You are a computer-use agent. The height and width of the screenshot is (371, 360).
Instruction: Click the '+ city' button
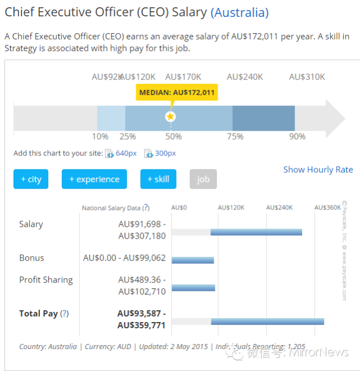(31, 179)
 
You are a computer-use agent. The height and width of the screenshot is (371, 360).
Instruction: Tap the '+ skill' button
(158, 179)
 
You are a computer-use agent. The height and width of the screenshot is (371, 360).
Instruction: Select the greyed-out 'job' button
(203, 179)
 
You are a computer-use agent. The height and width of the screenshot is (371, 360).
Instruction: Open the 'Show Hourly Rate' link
(318, 169)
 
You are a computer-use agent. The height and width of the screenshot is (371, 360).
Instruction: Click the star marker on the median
(170, 117)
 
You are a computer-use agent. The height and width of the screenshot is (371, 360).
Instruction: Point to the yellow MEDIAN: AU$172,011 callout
(177, 92)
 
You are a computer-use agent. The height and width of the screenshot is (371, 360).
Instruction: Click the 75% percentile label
(235, 136)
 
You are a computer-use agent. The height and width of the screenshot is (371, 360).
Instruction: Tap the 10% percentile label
(100, 136)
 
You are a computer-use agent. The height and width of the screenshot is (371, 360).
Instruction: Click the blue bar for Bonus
(193, 260)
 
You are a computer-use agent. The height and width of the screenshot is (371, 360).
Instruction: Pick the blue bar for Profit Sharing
(193, 288)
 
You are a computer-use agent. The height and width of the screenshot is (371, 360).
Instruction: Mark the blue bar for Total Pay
(268, 321)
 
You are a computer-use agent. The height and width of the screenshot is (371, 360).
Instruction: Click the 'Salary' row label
(31, 224)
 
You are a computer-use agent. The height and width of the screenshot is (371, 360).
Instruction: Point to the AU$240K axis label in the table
(279, 208)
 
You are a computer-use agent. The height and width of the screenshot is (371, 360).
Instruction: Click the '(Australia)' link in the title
(240, 12)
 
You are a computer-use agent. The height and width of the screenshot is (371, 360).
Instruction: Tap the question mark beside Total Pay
(65, 314)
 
